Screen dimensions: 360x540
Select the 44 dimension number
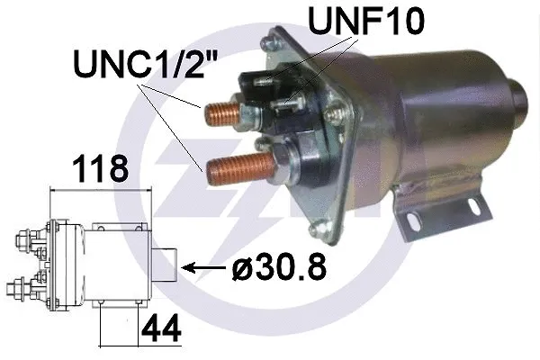(160, 326)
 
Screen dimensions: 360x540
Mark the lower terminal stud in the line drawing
(22, 290)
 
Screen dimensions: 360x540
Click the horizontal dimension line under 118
(99, 190)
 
